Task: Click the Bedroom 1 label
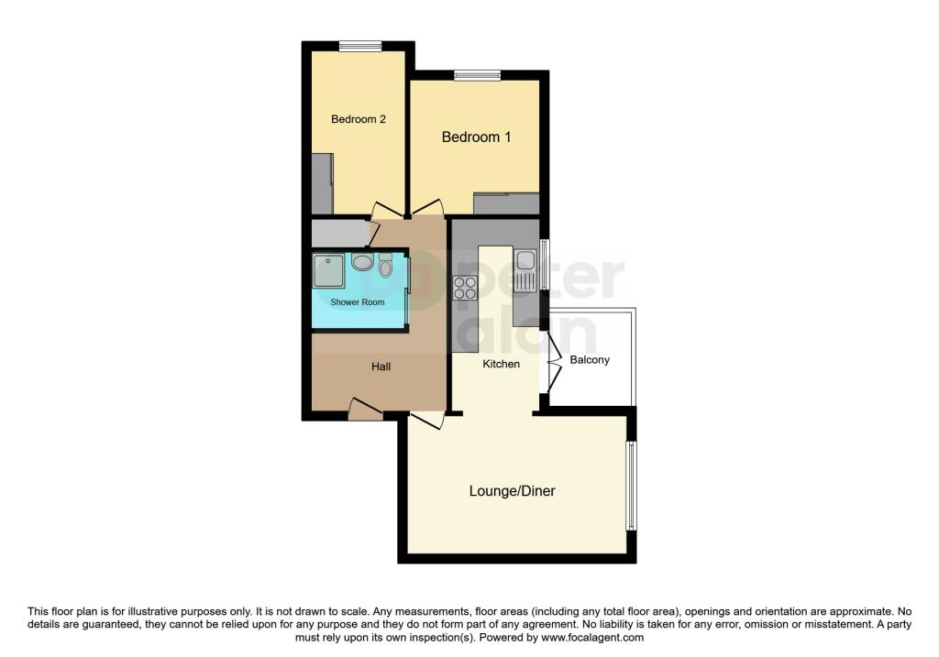pyautogui.click(x=476, y=137)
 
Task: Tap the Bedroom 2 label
pyautogui.click(x=359, y=119)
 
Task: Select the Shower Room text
pyautogui.click(x=358, y=302)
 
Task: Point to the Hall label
pyautogui.click(x=381, y=367)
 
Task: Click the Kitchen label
pyautogui.click(x=502, y=364)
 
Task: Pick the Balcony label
pyautogui.click(x=590, y=359)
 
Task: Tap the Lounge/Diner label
pyautogui.click(x=512, y=490)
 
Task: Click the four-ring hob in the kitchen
pyautogui.click(x=465, y=288)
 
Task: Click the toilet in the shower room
pyautogui.click(x=386, y=265)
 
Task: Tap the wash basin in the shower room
pyautogui.click(x=363, y=262)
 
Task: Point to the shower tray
pyautogui.click(x=329, y=271)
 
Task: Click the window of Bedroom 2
pyautogui.click(x=360, y=46)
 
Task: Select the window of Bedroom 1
pyautogui.click(x=477, y=75)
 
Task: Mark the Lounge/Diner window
pyautogui.click(x=631, y=486)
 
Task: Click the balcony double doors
pyautogui.click(x=555, y=363)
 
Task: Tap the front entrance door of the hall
pyautogui.click(x=366, y=410)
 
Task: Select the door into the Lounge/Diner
pyautogui.click(x=427, y=420)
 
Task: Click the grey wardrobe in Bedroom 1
pyautogui.click(x=506, y=203)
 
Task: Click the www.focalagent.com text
pyautogui.click(x=592, y=638)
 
